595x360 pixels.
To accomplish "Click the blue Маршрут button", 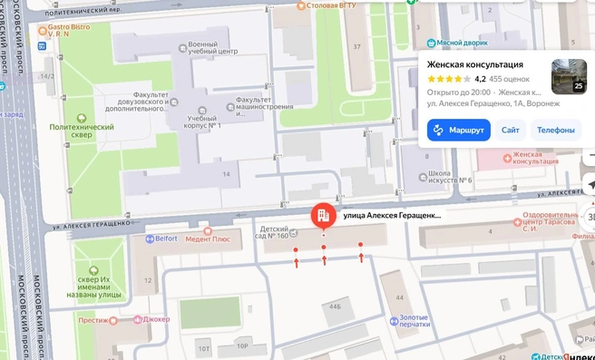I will pos(460,130).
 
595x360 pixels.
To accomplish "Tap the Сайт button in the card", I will pos(511,130).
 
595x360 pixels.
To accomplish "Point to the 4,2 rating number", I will pos(480,79).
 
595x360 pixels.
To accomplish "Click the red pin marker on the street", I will pos(322,216).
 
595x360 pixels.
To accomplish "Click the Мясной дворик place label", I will pos(462,43).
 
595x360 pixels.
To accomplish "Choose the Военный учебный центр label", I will pos(214,48).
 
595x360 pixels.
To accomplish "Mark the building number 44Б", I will pos(335,306).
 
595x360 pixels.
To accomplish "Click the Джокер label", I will pos(155,319).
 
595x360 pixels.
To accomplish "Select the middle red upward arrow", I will pos(324,260).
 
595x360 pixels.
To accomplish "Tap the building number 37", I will pos(356,46).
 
